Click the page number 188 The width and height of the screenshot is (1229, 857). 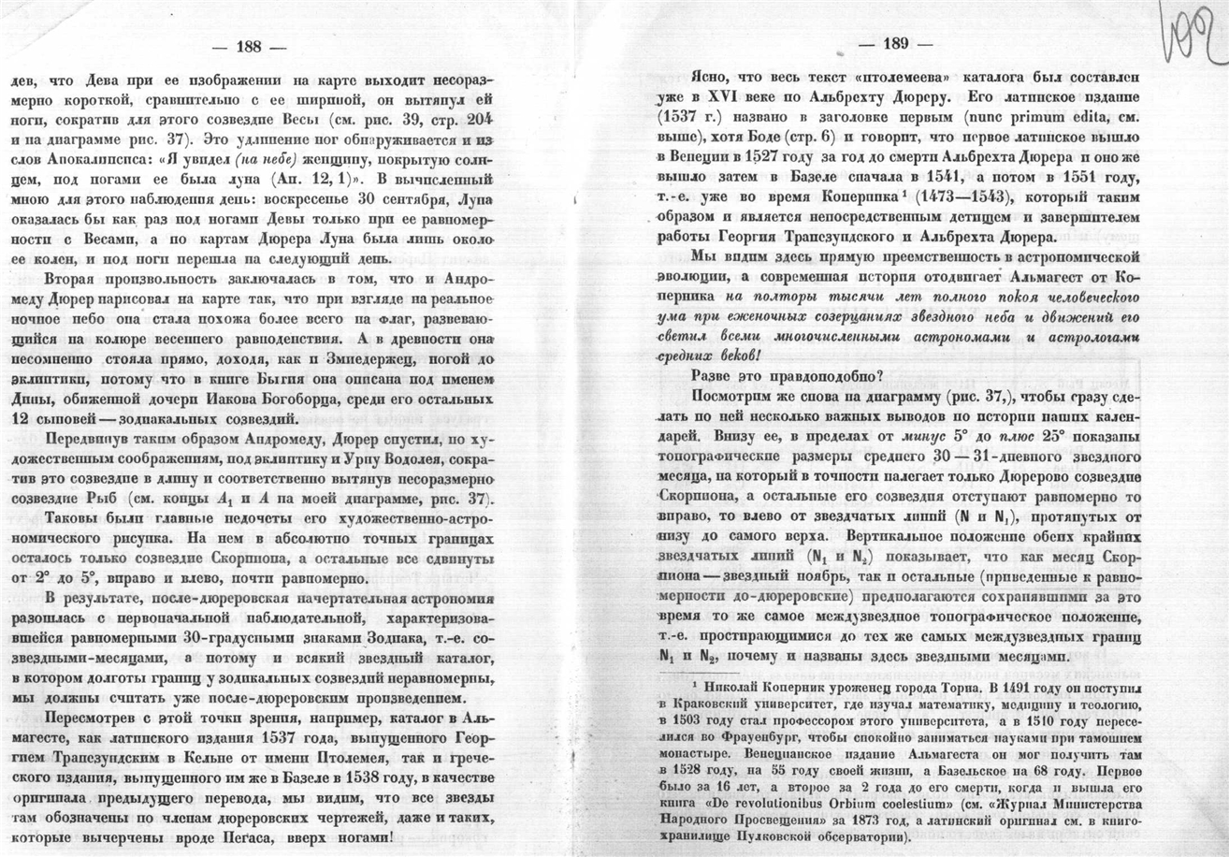click(x=249, y=46)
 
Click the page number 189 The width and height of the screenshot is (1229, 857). click(x=896, y=44)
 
